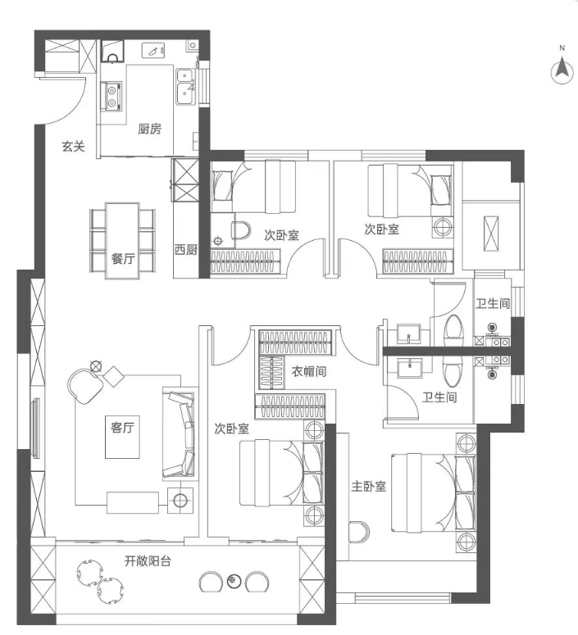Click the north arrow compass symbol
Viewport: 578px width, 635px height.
pos(562,69)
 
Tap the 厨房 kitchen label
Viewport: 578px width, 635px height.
pos(149,129)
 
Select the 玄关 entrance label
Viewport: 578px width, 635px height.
pos(73,146)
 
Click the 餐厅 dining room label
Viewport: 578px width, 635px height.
pos(123,258)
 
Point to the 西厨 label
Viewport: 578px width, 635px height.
pos(186,249)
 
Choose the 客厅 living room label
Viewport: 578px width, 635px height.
pos(122,427)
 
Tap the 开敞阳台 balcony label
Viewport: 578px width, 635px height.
pos(148,561)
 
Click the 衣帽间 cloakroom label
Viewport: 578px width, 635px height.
pos(309,371)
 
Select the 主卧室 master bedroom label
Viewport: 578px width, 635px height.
pos(368,486)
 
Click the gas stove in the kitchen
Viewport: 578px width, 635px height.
pos(111,96)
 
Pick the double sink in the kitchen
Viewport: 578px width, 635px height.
pos(185,86)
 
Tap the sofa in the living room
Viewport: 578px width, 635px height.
pos(180,433)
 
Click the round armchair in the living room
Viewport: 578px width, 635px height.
pos(84,385)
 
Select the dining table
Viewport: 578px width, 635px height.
pos(122,241)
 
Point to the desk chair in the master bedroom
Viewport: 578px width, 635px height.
pos(359,532)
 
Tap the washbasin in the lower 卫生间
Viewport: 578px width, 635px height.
pos(409,368)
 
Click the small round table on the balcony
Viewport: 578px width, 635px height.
pos(234,581)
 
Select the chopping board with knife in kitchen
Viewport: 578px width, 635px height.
pos(153,51)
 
